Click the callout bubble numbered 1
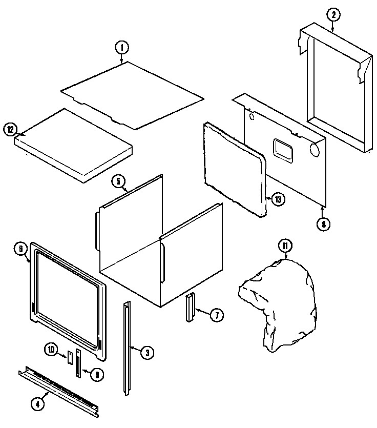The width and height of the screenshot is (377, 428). coord(122,48)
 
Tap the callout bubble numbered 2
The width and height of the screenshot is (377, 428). coord(333,15)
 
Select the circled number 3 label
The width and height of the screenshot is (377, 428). coord(146,352)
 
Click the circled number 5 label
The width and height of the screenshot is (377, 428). coord(117,181)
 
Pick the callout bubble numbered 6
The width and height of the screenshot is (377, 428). coord(20,249)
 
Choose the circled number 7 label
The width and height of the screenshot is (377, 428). coord(216,315)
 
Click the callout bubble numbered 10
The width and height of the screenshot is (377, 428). coord(52,350)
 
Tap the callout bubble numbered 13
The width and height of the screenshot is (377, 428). coord(277,199)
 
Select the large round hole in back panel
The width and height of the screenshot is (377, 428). coord(316,151)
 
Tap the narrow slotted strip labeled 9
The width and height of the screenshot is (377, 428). coord(78,363)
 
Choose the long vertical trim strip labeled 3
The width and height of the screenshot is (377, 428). coord(127,349)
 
